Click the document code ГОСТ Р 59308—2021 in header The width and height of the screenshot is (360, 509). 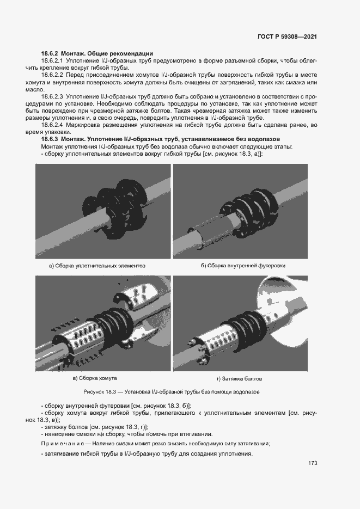click(x=286, y=37)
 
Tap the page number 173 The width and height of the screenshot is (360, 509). click(x=312, y=463)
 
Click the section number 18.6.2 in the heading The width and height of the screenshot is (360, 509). click(x=50, y=53)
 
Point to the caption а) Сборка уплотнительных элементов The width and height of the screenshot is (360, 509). click(x=97, y=266)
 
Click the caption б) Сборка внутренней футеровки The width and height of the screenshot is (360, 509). click(x=243, y=266)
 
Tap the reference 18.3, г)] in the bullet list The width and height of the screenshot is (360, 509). click(x=135, y=426)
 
